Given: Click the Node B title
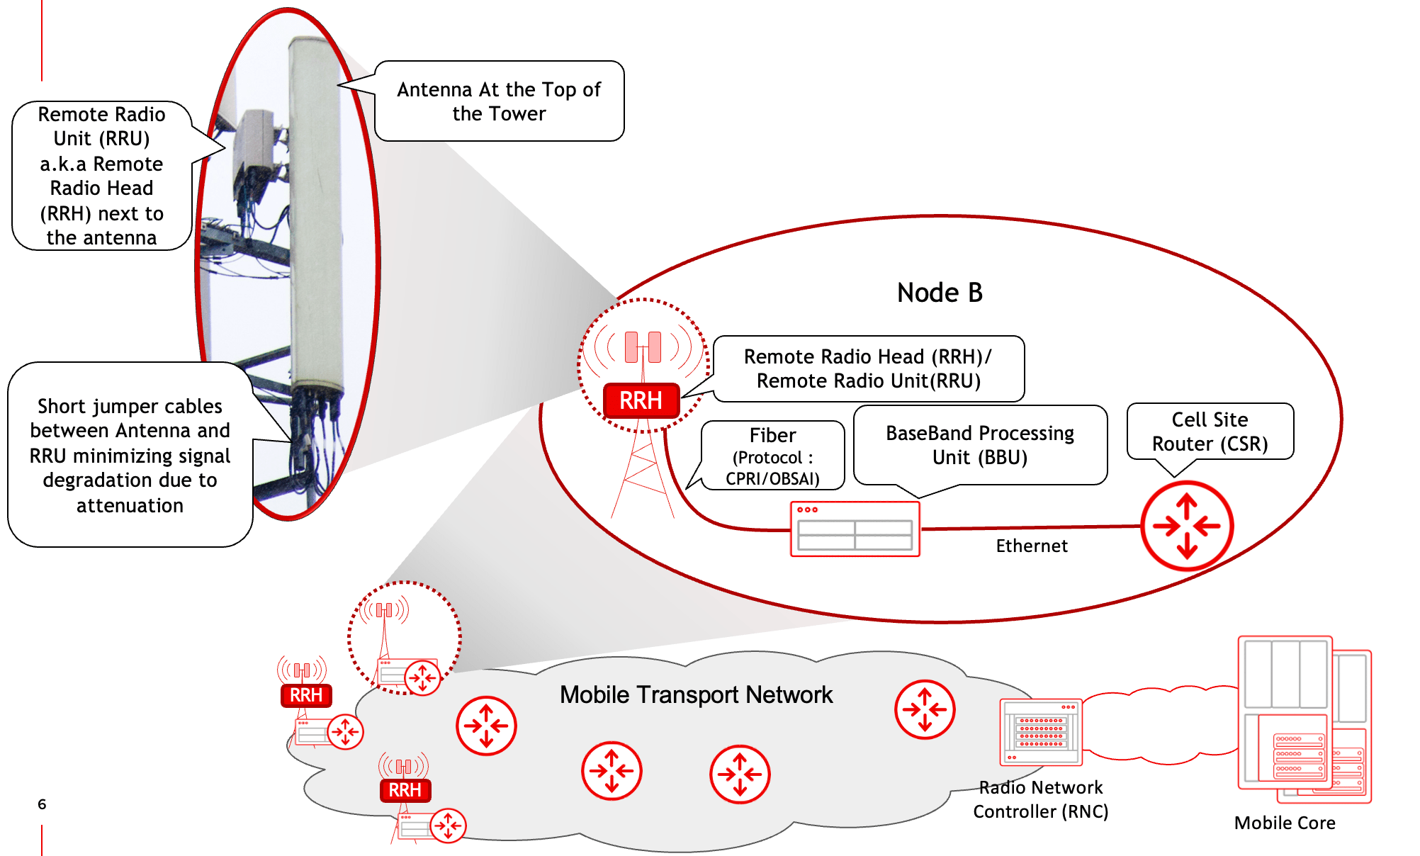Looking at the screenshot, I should pos(940,293).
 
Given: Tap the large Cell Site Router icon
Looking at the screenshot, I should pos(1187,526).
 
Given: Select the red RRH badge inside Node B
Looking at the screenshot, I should pos(641,400).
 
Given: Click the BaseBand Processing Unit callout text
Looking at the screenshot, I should pos(980,445).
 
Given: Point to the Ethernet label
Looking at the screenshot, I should pos(1031,546).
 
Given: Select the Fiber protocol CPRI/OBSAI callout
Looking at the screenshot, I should pos(772,456).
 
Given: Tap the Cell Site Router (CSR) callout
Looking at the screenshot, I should pos(1210,432).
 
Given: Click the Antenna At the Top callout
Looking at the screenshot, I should pos(499,101).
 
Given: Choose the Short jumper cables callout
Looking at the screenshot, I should pos(130,455).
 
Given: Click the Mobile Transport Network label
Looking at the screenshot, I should pos(696,695).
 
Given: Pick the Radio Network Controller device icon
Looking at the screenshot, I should pos(1040,732).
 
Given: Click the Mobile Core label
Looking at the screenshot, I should pos(1284,823).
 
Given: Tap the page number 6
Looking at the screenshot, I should pos(42,804).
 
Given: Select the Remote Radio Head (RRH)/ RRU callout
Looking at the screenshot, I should pos(868,368).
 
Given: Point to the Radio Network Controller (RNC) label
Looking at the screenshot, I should pos(1040,799).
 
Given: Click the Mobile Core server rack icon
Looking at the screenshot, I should pos(1303,719).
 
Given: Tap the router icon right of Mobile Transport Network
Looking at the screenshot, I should pos(925,709).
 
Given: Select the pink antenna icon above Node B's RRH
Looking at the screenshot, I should pos(643,347).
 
